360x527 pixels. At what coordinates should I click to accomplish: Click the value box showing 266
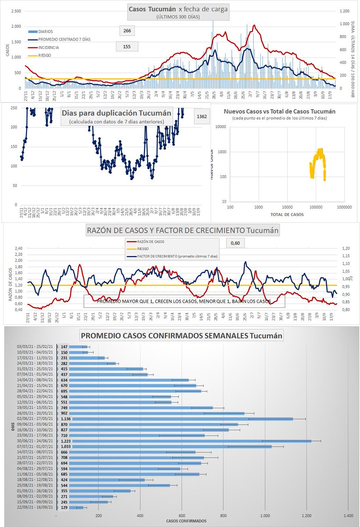127,31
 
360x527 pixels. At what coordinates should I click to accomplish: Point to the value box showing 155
127,46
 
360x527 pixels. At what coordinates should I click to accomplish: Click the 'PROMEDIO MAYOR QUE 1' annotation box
184,301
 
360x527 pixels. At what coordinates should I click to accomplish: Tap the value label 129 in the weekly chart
64,507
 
